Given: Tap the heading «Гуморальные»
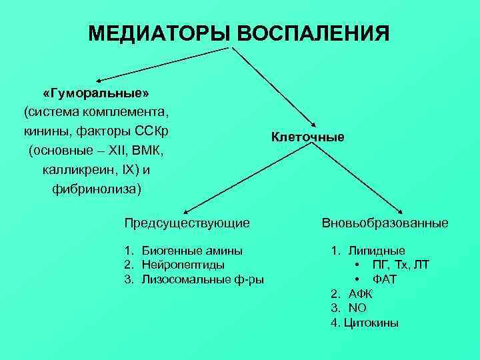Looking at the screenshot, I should (x=96, y=91).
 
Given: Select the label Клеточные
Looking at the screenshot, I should (x=307, y=137).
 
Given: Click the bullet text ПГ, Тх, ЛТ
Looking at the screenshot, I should (x=401, y=265).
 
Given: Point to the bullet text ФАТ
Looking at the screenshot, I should (x=385, y=279).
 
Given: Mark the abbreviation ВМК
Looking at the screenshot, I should (x=148, y=150).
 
